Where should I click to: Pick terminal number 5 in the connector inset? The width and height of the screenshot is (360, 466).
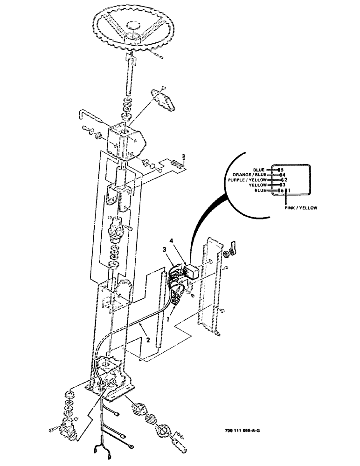282,170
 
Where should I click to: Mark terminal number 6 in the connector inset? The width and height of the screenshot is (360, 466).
281,191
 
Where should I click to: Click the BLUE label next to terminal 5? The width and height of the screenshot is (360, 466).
259,170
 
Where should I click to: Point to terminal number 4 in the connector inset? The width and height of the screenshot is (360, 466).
282,175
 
